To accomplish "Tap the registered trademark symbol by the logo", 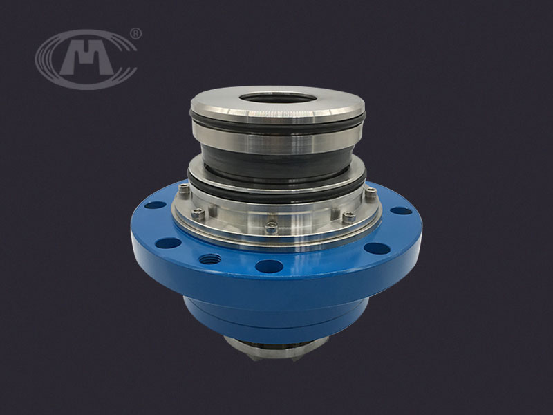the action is (135, 33).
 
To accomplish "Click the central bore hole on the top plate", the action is (278, 98).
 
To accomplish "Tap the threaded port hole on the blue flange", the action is (210, 259).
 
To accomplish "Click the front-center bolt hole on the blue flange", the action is (269, 266).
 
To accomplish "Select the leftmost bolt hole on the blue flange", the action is (155, 205).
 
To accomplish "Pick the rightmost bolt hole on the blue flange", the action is (401, 211).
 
